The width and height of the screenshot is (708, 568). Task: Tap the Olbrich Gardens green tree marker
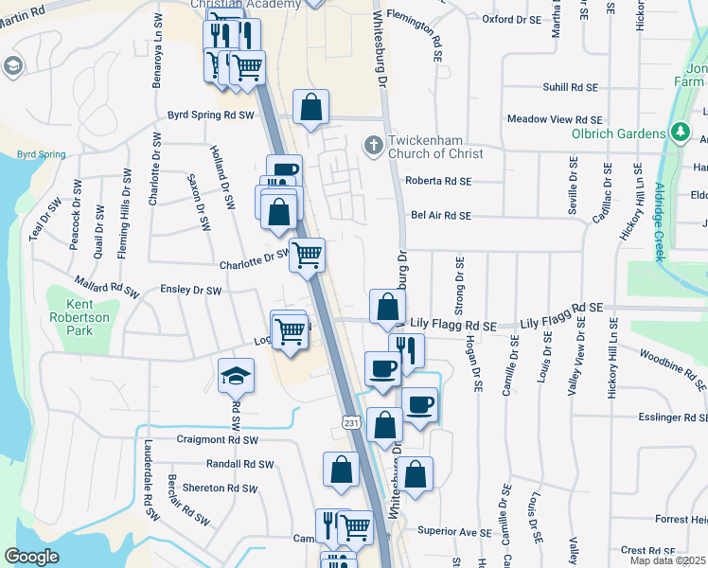pyautogui.click(x=678, y=133)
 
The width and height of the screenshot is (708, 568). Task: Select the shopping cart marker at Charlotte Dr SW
pyautogui.click(x=307, y=255)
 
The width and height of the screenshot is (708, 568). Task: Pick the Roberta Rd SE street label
pyautogui.click(x=437, y=180)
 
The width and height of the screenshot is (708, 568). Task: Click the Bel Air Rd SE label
pyautogui.click(x=440, y=216)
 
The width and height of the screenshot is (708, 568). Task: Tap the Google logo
pyautogui.click(x=31, y=557)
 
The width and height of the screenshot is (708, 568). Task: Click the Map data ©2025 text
pyautogui.click(x=667, y=560)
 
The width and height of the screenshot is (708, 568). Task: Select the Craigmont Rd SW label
pyautogui.click(x=217, y=440)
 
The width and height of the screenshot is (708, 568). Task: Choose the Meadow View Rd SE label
pyautogui.click(x=554, y=119)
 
